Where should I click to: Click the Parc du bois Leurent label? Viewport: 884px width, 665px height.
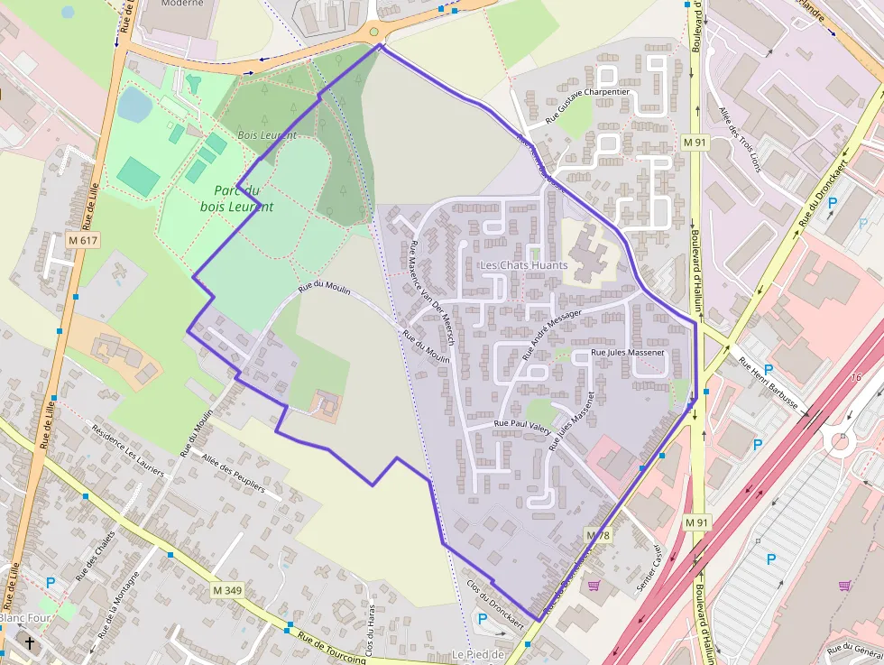pos(236,198)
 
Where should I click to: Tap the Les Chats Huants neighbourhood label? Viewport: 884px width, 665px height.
pos(524,264)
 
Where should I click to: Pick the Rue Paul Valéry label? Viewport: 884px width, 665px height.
pos(522,423)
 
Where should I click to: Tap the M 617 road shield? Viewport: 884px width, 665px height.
pos(82,240)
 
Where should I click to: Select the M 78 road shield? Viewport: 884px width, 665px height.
pos(598,535)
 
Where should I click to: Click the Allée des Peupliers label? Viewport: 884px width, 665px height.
pos(234,474)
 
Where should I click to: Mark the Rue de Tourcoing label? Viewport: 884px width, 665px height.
pos(331,647)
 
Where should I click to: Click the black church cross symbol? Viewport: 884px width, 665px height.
pos(31,643)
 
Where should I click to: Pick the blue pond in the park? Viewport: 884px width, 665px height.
pos(134,104)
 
